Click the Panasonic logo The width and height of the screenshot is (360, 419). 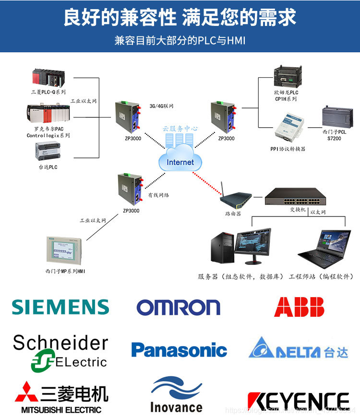coord(179,350)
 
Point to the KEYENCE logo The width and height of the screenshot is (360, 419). coord(298,401)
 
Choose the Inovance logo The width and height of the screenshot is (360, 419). coord(176,395)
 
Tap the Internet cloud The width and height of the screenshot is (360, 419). coord(180,162)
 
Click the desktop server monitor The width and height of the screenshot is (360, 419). coord(255,245)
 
